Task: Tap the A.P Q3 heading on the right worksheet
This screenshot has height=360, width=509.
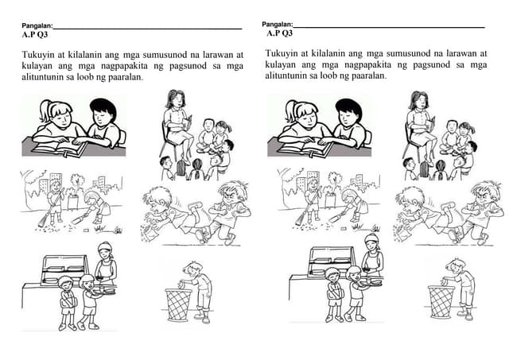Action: click(x=280, y=33)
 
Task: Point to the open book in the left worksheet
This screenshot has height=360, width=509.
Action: click(x=59, y=148)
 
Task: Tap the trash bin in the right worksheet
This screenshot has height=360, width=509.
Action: click(x=439, y=301)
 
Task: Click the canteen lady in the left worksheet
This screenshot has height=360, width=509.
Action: click(x=105, y=263)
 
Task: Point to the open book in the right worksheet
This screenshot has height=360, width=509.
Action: click(x=305, y=148)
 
